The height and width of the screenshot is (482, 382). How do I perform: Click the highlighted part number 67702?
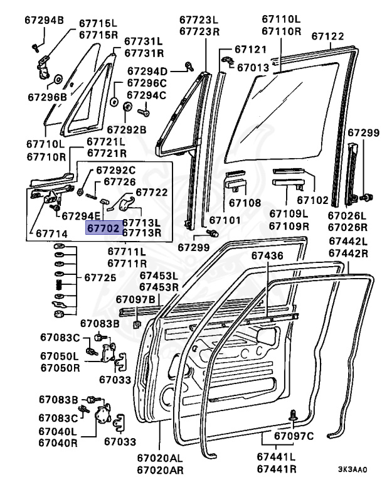click(103, 228)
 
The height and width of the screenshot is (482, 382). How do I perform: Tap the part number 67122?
click(329, 36)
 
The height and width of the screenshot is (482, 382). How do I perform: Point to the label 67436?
click(268, 255)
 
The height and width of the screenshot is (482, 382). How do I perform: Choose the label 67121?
click(250, 49)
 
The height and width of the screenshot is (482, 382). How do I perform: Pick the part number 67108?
click(244, 203)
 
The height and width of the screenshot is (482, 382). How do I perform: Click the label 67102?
click(312, 201)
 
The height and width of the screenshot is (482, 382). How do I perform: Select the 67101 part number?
click(225, 220)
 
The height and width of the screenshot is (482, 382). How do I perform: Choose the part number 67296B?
click(46, 97)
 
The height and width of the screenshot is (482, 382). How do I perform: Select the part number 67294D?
click(147, 71)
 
